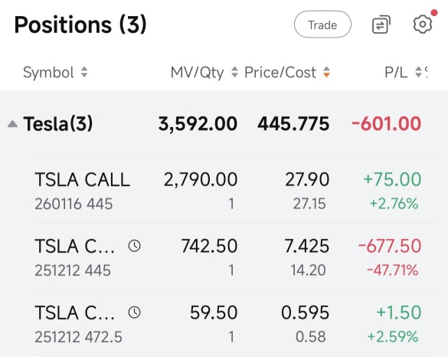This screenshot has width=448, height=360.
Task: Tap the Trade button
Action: (322, 25)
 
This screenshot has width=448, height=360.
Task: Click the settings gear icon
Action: (423, 25)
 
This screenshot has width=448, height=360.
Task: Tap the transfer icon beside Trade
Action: (381, 25)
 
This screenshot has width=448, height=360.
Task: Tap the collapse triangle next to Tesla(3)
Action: (12, 124)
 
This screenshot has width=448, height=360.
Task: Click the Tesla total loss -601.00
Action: (386, 124)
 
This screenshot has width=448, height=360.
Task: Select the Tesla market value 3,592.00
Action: (198, 124)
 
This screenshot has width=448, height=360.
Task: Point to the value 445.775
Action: (293, 124)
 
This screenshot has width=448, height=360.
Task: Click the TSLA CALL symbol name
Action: (82, 180)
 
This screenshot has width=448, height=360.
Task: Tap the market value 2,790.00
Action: (201, 180)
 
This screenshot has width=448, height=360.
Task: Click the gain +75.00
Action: (392, 179)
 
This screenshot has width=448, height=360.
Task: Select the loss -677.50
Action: (390, 246)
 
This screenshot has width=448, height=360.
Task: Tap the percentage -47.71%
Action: (393, 270)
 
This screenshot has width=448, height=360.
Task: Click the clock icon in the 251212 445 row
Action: (134, 246)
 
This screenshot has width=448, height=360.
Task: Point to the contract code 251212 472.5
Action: (78, 337)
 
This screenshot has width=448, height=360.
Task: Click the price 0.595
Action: (305, 313)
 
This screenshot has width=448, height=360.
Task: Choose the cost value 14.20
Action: (309, 270)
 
